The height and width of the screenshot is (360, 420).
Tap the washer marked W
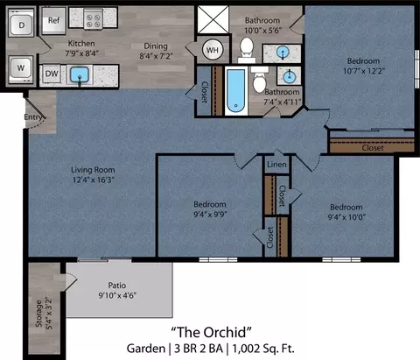point(21,69)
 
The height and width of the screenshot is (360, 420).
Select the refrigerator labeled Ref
point(53,20)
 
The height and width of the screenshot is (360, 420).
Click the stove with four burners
point(94,18)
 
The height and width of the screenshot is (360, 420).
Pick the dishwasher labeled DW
point(52,74)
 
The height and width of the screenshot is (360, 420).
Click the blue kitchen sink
point(80,75)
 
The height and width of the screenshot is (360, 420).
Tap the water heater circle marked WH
point(213,50)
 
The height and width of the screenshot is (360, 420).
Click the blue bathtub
point(236,91)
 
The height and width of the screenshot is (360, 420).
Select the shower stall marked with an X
point(213,19)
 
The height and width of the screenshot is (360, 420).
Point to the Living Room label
point(93,170)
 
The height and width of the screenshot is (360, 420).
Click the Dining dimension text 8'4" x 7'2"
point(156,56)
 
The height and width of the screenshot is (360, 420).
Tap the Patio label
point(117,286)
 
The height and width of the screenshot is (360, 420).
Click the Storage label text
point(38,314)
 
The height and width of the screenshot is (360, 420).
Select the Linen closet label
point(276,165)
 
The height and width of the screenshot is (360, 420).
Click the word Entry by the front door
point(33,117)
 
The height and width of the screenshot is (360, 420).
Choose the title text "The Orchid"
point(211,332)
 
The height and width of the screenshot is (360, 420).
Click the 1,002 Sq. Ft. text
point(263,349)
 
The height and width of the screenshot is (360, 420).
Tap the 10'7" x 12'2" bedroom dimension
point(364,71)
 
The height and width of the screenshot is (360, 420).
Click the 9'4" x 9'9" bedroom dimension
point(210,215)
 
